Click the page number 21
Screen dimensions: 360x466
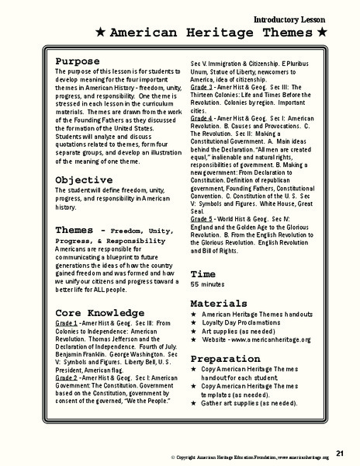pyautogui.click(x=341, y=452)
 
